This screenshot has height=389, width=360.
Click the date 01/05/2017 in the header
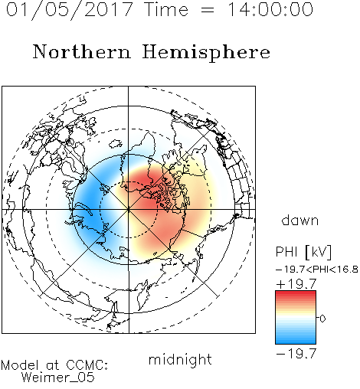tap(70, 10)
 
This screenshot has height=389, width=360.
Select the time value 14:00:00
tap(270, 9)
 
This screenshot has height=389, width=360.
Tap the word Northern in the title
tap(82, 52)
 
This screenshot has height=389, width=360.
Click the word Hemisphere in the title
tap(206, 53)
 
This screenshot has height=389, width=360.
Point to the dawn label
tap(300, 221)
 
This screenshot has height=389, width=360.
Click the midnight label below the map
tap(180, 360)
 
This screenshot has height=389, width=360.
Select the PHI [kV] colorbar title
tap(304, 253)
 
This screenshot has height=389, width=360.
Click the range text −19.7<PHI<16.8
tap(317, 270)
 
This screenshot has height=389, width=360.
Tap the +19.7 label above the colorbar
tap(296, 284)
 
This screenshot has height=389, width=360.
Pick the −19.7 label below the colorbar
tap(296, 354)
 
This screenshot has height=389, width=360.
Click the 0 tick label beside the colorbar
tap(322, 319)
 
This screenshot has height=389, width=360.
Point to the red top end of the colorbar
tap(296, 293)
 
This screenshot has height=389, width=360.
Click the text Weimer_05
tap(58, 378)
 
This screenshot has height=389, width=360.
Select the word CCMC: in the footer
tap(87, 365)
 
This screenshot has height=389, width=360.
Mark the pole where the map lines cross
tap(129, 209)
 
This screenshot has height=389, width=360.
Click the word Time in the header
tap(166, 9)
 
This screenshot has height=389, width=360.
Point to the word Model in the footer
tap(20, 365)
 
